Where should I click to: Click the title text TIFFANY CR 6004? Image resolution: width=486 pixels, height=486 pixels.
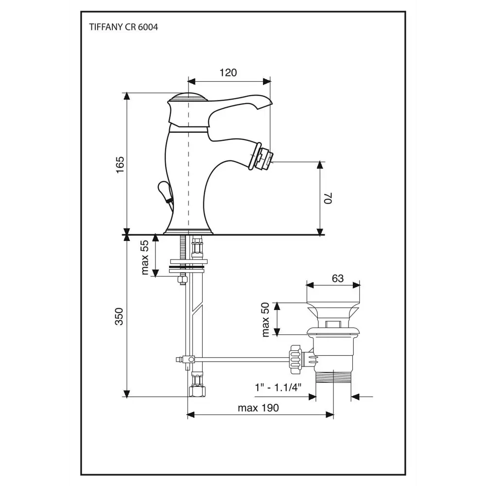[123, 27]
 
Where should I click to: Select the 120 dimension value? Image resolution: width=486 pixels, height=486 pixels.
[228, 72]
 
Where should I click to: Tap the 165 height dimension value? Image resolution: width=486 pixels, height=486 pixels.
[120, 165]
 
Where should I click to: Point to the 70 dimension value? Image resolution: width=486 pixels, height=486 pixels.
[328, 198]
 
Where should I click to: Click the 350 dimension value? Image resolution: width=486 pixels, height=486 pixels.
[120, 316]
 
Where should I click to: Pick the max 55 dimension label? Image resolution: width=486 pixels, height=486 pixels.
[145, 258]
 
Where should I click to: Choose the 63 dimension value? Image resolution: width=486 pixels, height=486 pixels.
[338, 278]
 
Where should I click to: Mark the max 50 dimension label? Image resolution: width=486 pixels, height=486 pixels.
[266, 320]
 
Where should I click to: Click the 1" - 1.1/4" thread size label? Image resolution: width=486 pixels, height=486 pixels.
[278, 387]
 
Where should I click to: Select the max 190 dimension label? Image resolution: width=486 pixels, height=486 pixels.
[258, 408]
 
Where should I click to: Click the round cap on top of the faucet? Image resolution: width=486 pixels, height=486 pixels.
[188, 97]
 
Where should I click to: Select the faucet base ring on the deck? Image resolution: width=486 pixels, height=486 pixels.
[188, 231]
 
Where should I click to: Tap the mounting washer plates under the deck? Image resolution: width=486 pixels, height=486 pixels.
[187, 266]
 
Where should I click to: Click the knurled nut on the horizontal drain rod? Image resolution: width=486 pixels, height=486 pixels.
[295, 360]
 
